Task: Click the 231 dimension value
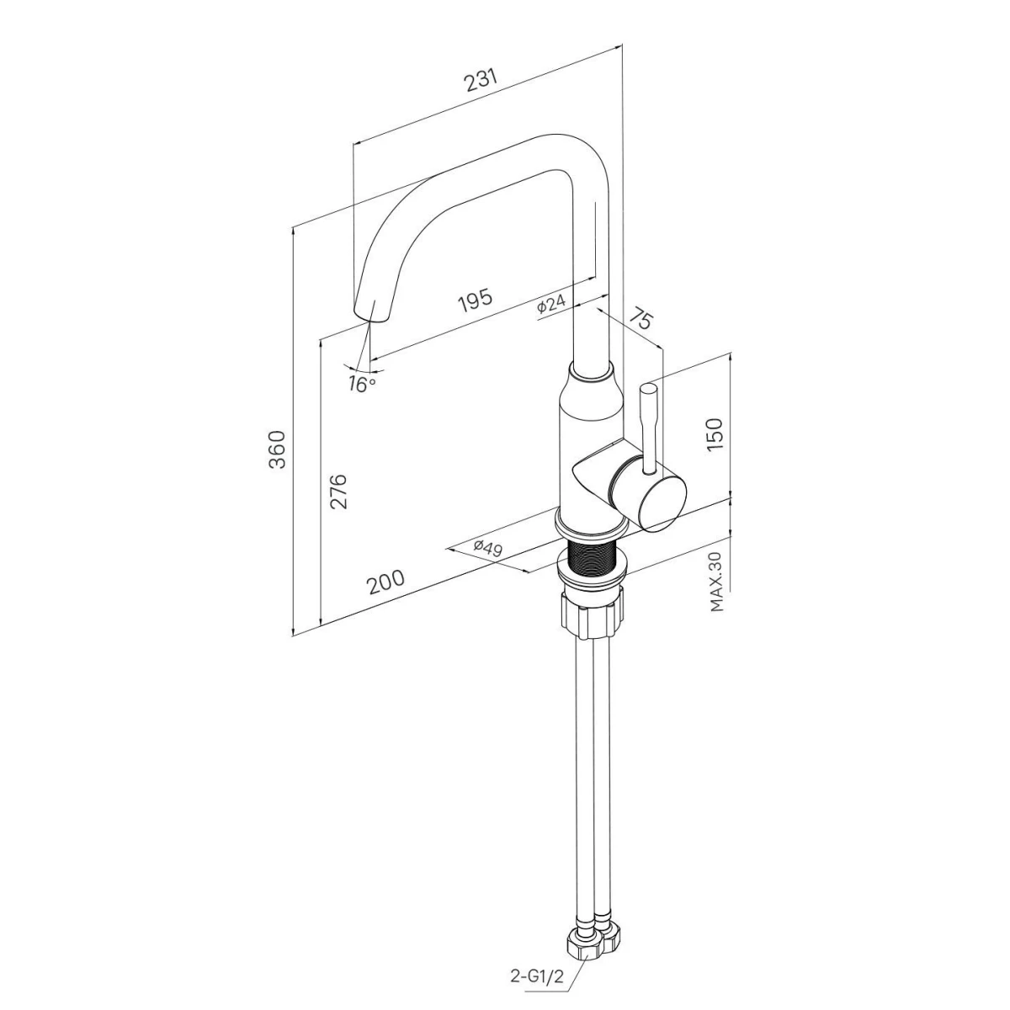tap(481, 81)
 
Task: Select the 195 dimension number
tap(476, 300)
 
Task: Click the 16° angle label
tap(362, 384)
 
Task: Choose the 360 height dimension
tap(277, 449)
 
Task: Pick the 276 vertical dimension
tap(338, 491)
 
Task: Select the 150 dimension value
tap(715, 433)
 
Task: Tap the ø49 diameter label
tap(488, 548)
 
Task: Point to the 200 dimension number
tap(386, 582)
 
